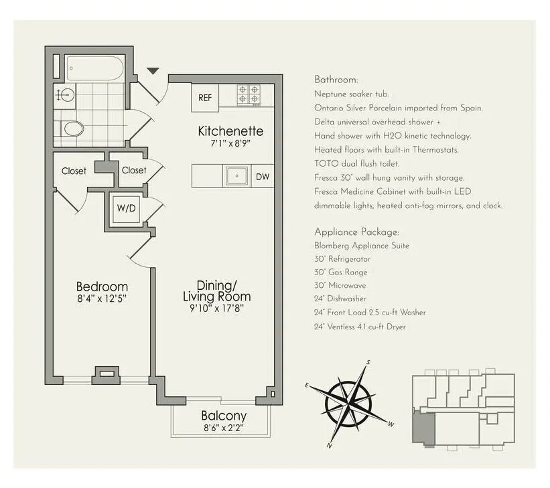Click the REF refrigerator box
tap(205, 98)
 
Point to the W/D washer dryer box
tap(126, 208)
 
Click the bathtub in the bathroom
tap(94, 68)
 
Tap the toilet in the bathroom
tap(72, 129)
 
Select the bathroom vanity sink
tap(64, 95)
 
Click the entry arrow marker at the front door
tap(153, 70)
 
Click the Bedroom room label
tap(102, 287)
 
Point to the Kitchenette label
tap(230, 131)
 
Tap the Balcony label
tap(224, 416)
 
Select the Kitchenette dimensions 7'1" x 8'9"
tap(230, 143)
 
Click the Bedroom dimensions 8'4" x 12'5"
tap(102, 299)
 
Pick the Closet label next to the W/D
tap(134, 170)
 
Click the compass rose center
tap(348, 403)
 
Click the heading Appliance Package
tap(356, 232)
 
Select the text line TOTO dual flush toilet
tap(356, 163)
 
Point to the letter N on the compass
tap(330, 444)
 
